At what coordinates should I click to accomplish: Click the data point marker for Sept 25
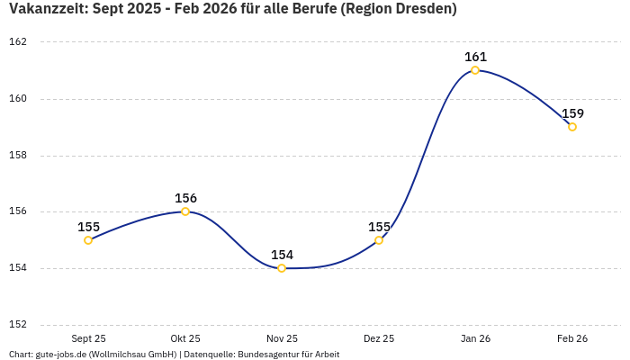[88, 240]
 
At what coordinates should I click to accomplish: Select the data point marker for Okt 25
[185, 211]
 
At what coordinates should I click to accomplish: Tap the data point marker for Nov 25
[282, 268]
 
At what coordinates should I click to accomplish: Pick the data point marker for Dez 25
[379, 240]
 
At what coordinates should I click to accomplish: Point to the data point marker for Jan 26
[475, 70]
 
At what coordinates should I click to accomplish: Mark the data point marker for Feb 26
[572, 127]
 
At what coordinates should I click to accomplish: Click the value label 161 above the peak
[475, 57]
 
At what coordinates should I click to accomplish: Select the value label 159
[572, 113]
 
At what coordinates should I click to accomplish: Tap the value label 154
[282, 255]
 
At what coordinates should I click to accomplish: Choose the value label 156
[185, 198]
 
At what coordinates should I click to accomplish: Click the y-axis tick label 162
[18, 42]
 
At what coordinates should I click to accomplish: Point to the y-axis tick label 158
[18, 155]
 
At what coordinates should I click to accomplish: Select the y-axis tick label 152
[18, 325]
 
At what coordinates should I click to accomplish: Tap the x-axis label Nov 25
[282, 338]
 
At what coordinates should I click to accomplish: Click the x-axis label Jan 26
[475, 338]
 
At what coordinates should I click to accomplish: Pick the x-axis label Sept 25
[88, 338]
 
